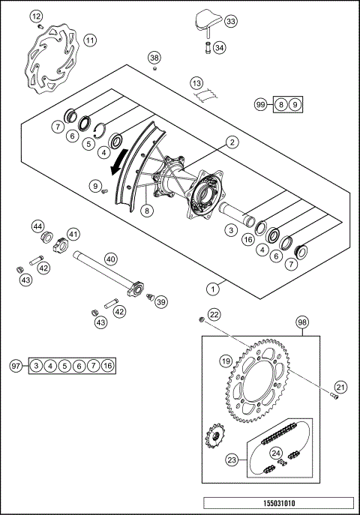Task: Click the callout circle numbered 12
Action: pyautogui.click(x=37, y=16)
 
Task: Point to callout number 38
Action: pyautogui.click(x=154, y=58)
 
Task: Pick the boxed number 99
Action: pyautogui.click(x=260, y=105)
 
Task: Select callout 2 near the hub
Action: pyautogui.click(x=232, y=142)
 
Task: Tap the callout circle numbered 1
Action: pyautogui.click(x=214, y=286)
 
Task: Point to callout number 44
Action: pyautogui.click(x=37, y=226)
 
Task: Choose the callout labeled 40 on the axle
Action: pyautogui.click(x=111, y=259)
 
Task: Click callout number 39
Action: pyautogui.click(x=160, y=301)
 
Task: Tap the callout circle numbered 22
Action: pyautogui.click(x=214, y=314)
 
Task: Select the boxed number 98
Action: pyautogui.click(x=302, y=322)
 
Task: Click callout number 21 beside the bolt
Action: pyautogui.click(x=340, y=387)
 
